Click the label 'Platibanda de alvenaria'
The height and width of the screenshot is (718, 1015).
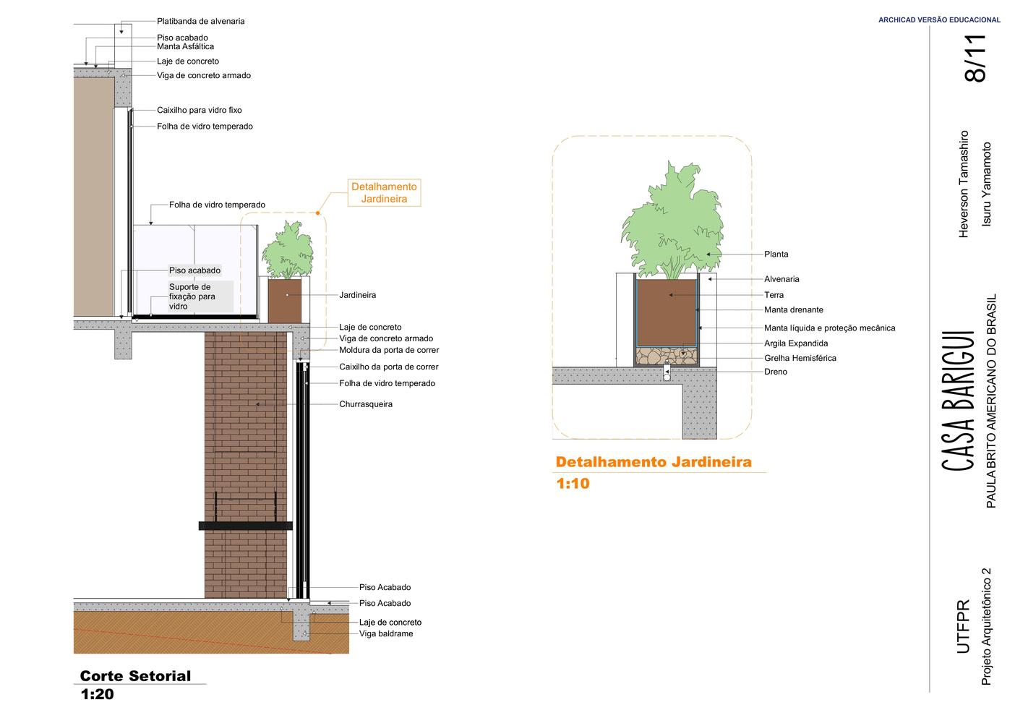pos(200,21)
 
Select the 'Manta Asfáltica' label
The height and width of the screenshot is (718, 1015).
pos(185,46)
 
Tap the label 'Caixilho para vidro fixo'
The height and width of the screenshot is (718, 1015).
pos(199,111)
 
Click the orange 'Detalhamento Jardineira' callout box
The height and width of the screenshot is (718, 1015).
pos(384,193)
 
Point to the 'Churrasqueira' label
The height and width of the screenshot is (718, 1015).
pos(366,404)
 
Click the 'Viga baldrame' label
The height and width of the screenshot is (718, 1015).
pos(386,634)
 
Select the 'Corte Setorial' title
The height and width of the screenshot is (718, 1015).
pos(135,676)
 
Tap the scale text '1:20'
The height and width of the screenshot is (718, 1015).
pos(97,695)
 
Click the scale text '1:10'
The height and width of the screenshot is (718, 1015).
pos(573,484)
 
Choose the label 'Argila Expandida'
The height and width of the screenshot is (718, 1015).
pos(796,343)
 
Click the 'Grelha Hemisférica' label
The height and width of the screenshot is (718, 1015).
pos(800,358)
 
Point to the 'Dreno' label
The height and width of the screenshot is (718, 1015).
pos(776,372)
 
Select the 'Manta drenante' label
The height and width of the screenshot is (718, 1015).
pos(794,309)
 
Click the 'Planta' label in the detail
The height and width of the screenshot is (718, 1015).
pos(776,254)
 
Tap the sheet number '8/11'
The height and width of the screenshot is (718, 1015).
pos(975,59)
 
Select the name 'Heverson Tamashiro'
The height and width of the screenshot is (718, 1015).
pos(963,184)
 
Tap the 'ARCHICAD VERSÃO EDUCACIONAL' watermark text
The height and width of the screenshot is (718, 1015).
pos(939,20)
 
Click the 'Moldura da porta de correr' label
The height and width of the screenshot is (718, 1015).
pos(389,350)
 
